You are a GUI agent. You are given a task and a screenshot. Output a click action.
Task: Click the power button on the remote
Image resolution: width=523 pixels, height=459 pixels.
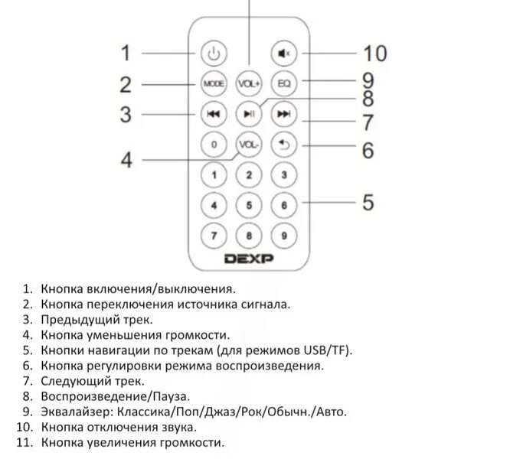tap(214, 54)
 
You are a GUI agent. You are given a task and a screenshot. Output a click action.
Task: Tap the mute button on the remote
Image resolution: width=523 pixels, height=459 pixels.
tap(283, 54)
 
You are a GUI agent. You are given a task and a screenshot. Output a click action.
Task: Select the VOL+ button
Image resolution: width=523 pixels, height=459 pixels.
tap(249, 83)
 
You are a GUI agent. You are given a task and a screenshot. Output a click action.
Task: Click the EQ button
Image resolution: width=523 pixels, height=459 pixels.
tap(283, 83)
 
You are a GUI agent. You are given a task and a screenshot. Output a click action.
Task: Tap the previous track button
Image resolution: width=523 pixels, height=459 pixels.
tap(214, 114)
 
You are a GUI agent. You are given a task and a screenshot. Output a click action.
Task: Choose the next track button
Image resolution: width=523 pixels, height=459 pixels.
tap(283, 114)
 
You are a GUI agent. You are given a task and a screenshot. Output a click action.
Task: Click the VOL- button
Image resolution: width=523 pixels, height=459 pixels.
tap(249, 144)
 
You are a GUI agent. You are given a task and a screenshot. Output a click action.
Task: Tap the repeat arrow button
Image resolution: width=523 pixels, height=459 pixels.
tap(283, 144)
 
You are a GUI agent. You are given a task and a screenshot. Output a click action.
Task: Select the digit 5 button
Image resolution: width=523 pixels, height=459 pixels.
tap(249, 205)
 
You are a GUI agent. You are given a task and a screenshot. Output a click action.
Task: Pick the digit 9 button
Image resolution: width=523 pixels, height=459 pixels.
tap(283, 236)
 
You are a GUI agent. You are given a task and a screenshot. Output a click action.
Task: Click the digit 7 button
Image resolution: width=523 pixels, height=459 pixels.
tap(214, 236)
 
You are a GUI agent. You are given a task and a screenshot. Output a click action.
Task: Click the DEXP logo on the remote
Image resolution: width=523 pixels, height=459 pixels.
tap(249, 259)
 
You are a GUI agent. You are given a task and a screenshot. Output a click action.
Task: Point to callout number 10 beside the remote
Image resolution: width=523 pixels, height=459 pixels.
tap(374, 54)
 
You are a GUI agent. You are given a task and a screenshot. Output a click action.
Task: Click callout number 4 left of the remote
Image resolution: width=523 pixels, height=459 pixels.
tap(126, 161)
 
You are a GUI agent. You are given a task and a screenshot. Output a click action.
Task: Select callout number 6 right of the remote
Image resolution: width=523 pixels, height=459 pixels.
tap(368, 151)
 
